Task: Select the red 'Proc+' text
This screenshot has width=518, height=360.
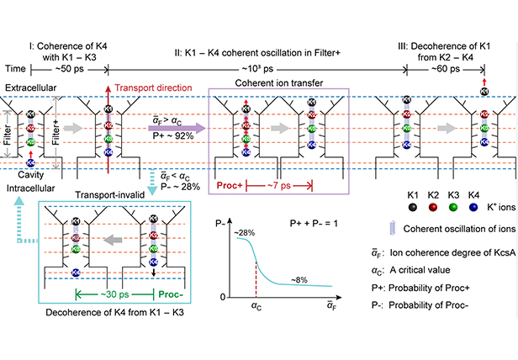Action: coord(230,183)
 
